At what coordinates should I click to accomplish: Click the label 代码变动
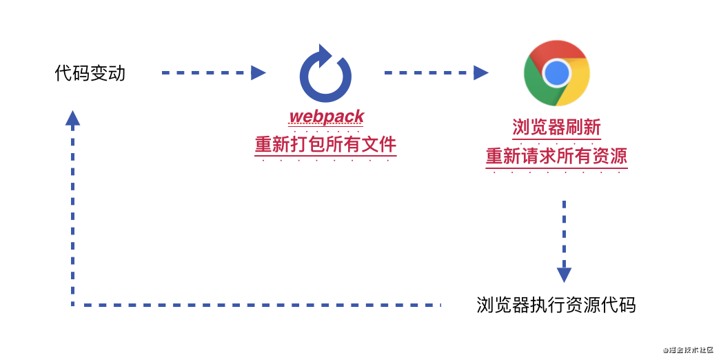(90, 73)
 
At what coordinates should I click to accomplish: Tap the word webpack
(326, 116)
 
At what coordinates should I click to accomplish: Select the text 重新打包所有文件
(326, 145)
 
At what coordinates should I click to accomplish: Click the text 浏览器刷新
(556, 128)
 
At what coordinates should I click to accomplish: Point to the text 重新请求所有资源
(556, 157)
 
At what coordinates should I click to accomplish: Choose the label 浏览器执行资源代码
(556, 305)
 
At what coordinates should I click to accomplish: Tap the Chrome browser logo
(557, 72)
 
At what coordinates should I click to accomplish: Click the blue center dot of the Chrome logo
(557, 72)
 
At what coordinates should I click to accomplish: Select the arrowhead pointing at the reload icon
(258, 72)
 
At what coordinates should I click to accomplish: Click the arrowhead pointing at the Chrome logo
(481, 72)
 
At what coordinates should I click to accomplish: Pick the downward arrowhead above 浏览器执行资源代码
(564, 274)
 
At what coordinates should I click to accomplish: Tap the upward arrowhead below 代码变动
(72, 118)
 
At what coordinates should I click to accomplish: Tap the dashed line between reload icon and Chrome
(427, 72)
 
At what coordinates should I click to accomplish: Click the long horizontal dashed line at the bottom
(255, 304)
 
